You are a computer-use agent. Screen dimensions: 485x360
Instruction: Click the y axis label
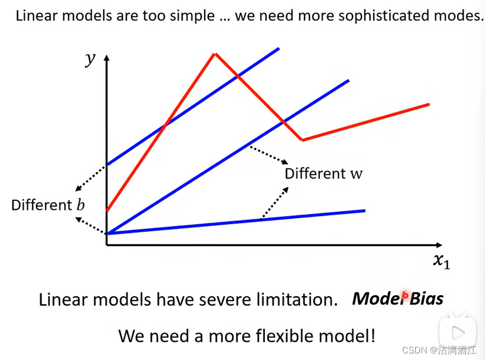click(x=90, y=58)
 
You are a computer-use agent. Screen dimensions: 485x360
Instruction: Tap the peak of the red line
click(x=215, y=53)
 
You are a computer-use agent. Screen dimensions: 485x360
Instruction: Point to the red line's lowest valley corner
click(x=302, y=140)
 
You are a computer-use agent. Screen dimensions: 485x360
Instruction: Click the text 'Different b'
click(x=48, y=205)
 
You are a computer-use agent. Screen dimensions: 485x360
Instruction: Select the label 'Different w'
click(x=323, y=173)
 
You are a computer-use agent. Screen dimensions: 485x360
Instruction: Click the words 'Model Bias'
click(x=397, y=298)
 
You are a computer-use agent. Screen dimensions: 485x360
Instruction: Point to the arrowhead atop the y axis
click(x=107, y=57)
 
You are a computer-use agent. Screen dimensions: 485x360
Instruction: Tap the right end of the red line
click(x=429, y=104)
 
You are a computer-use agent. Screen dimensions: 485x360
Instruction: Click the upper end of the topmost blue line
click(x=278, y=49)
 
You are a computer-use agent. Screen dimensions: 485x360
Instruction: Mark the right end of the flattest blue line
click(x=364, y=210)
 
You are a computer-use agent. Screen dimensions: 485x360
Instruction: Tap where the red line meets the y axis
click(x=107, y=211)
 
